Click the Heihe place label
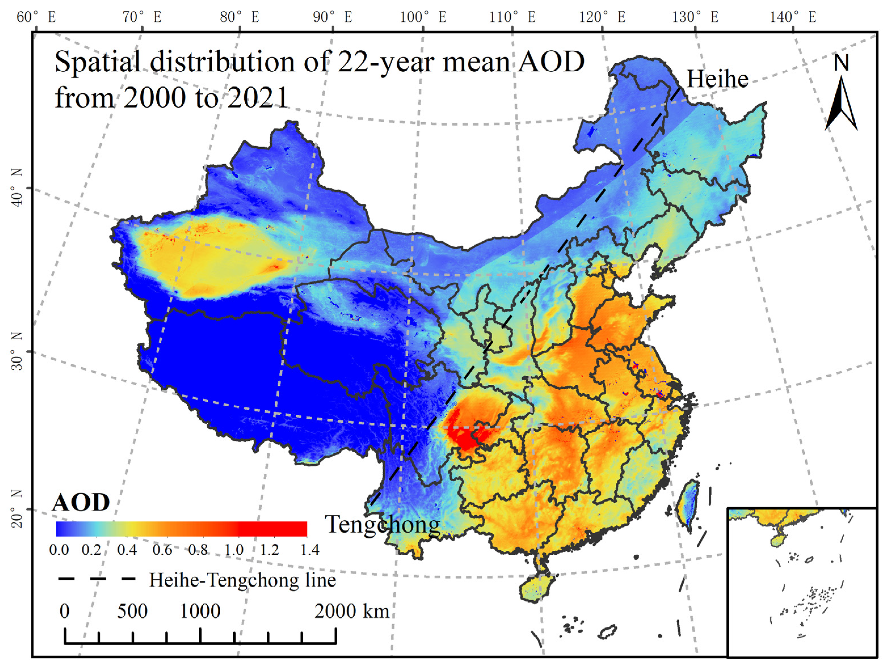pyautogui.click(x=717, y=79)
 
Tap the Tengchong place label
pyautogui.click(x=382, y=524)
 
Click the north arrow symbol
pyautogui.click(x=841, y=105)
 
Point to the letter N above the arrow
pyautogui.click(x=841, y=63)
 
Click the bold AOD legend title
pyautogui.click(x=81, y=502)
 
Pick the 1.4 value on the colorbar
pyautogui.click(x=310, y=550)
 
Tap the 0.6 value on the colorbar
pyautogui.click(x=162, y=550)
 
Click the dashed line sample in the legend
pyautogui.click(x=97, y=578)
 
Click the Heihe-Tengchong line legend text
pyautogui.click(x=243, y=580)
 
